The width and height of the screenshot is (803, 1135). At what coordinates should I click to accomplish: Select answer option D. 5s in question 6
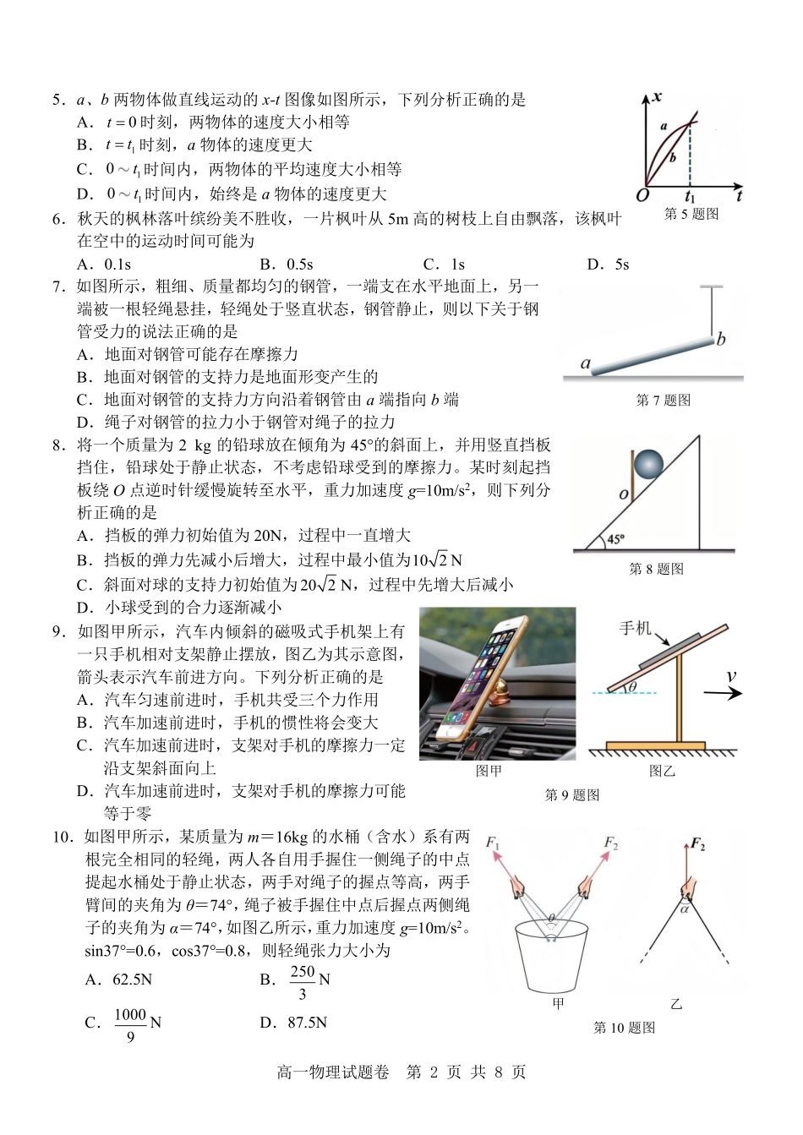coord(608,265)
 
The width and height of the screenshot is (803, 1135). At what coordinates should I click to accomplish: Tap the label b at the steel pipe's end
coord(721,340)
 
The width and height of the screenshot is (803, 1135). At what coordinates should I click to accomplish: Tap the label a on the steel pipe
coord(585,363)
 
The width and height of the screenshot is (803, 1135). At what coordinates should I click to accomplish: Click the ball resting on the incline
coord(649,464)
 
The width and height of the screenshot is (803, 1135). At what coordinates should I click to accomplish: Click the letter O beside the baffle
coord(623,494)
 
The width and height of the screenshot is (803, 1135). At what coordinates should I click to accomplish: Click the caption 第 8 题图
coord(657,569)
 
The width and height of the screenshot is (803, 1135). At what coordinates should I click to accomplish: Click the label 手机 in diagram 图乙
coord(636,628)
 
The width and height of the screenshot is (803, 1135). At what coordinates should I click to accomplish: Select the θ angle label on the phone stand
coord(632,687)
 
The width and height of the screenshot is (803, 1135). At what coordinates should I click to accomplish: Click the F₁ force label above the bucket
coord(493,842)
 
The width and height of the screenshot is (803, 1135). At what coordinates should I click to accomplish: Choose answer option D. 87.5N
coord(293,1023)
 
